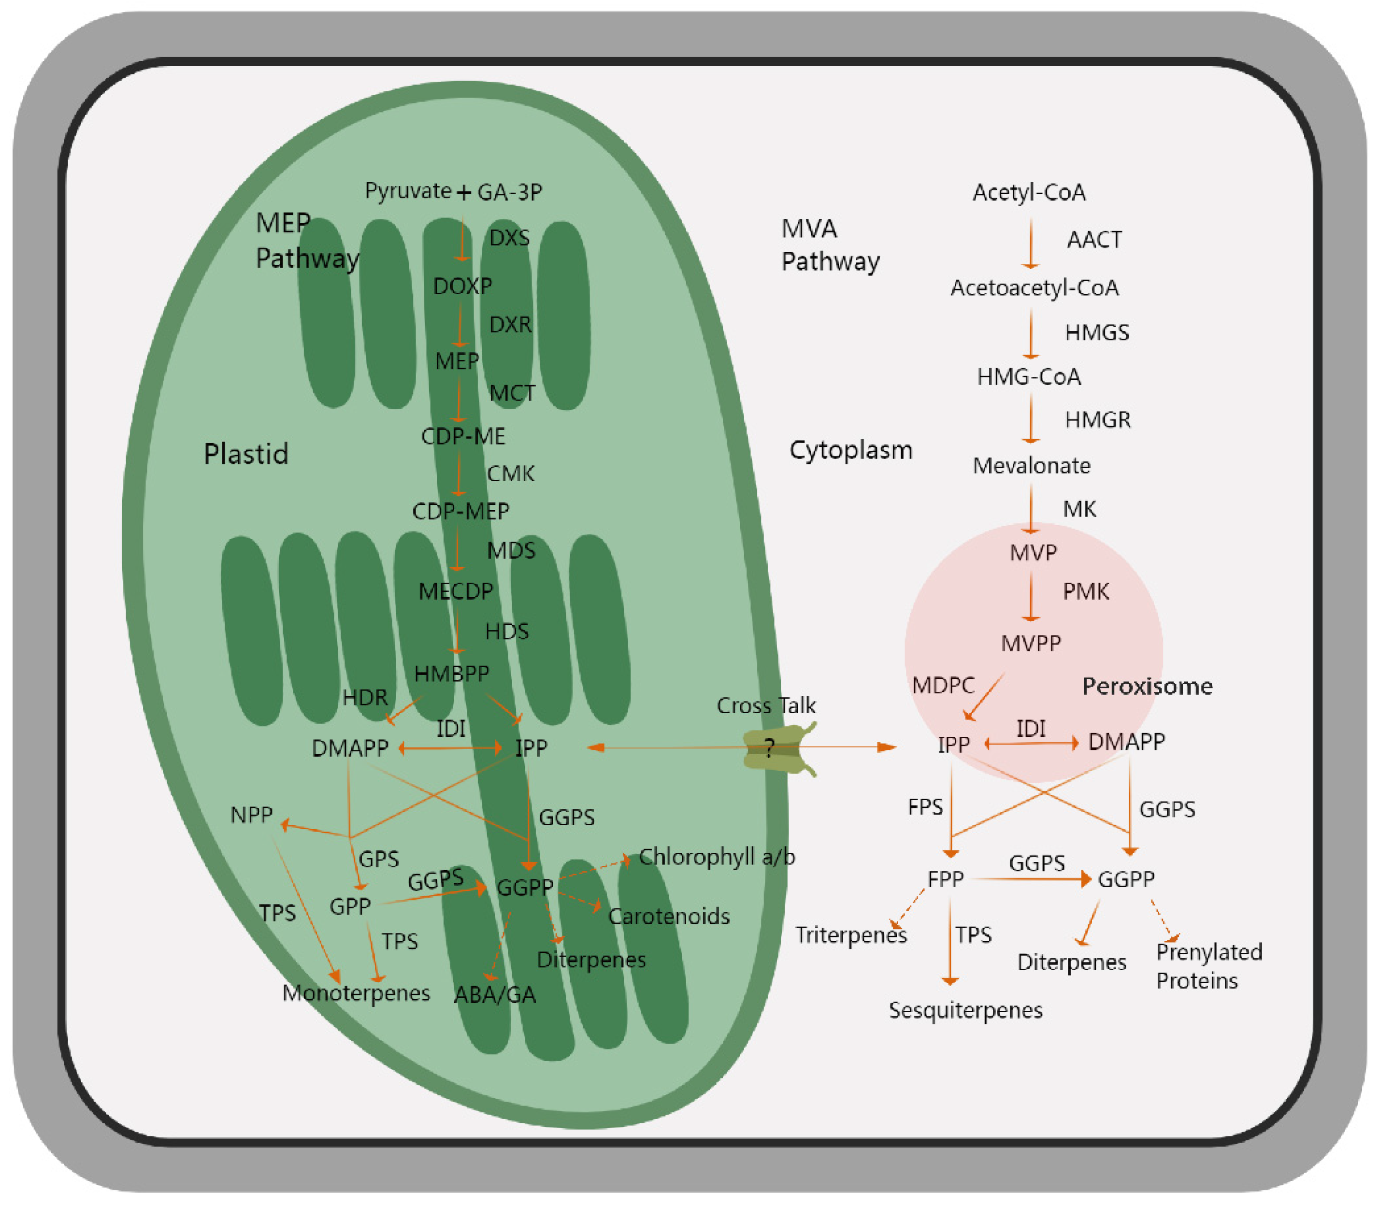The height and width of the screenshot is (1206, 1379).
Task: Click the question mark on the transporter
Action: tap(769, 747)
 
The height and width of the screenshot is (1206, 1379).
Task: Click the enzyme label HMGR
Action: tap(1097, 420)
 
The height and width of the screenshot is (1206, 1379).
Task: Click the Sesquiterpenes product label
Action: tap(965, 1010)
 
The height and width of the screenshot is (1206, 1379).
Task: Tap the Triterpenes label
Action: tap(851, 935)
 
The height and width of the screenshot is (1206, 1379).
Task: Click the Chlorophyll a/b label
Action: tap(716, 857)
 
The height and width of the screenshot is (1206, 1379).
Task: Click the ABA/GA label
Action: tap(495, 995)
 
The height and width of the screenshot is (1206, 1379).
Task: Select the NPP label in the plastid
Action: tap(251, 815)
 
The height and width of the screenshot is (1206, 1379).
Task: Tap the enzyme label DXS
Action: tap(509, 238)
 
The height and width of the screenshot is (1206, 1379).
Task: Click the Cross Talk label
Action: tap(765, 705)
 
